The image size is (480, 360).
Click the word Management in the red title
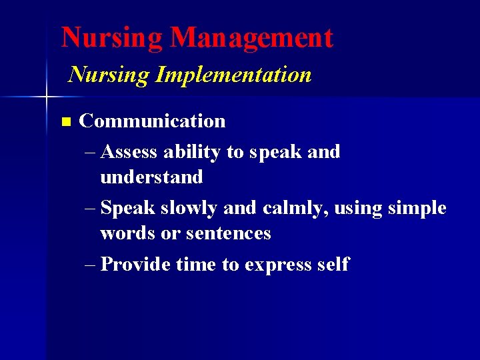251,38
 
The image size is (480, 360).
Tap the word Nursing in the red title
112,38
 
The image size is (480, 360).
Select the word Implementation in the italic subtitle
233,75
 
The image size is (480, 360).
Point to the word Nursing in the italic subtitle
109,75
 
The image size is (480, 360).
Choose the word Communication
152,121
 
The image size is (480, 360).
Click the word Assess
130,152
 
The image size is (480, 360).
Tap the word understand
151,177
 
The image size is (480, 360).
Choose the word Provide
137,265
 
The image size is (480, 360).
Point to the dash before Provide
91,265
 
